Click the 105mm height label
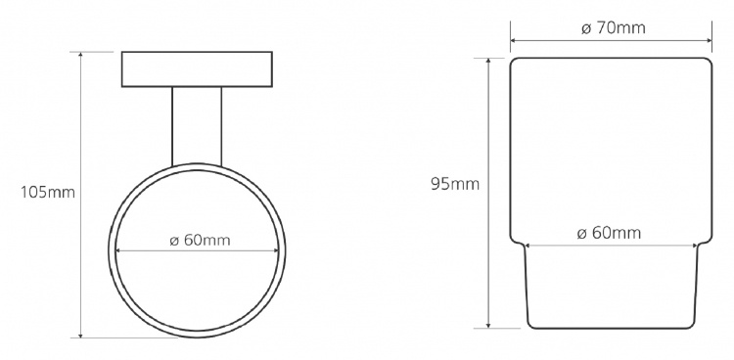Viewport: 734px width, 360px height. (x=47, y=192)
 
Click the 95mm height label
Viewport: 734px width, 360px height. (x=455, y=184)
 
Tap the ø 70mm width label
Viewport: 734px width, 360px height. (x=614, y=28)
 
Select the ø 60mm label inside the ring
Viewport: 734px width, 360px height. (x=200, y=240)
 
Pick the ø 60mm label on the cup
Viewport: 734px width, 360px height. (x=609, y=233)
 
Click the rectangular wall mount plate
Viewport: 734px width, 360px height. (x=197, y=69)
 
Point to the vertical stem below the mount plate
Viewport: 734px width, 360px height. (x=197, y=126)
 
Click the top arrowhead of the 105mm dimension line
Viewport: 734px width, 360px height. (x=80, y=55)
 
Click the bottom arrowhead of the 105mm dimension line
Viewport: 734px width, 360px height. (x=80, y=335)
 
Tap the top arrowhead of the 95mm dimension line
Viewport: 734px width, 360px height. (x=488, y=62)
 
